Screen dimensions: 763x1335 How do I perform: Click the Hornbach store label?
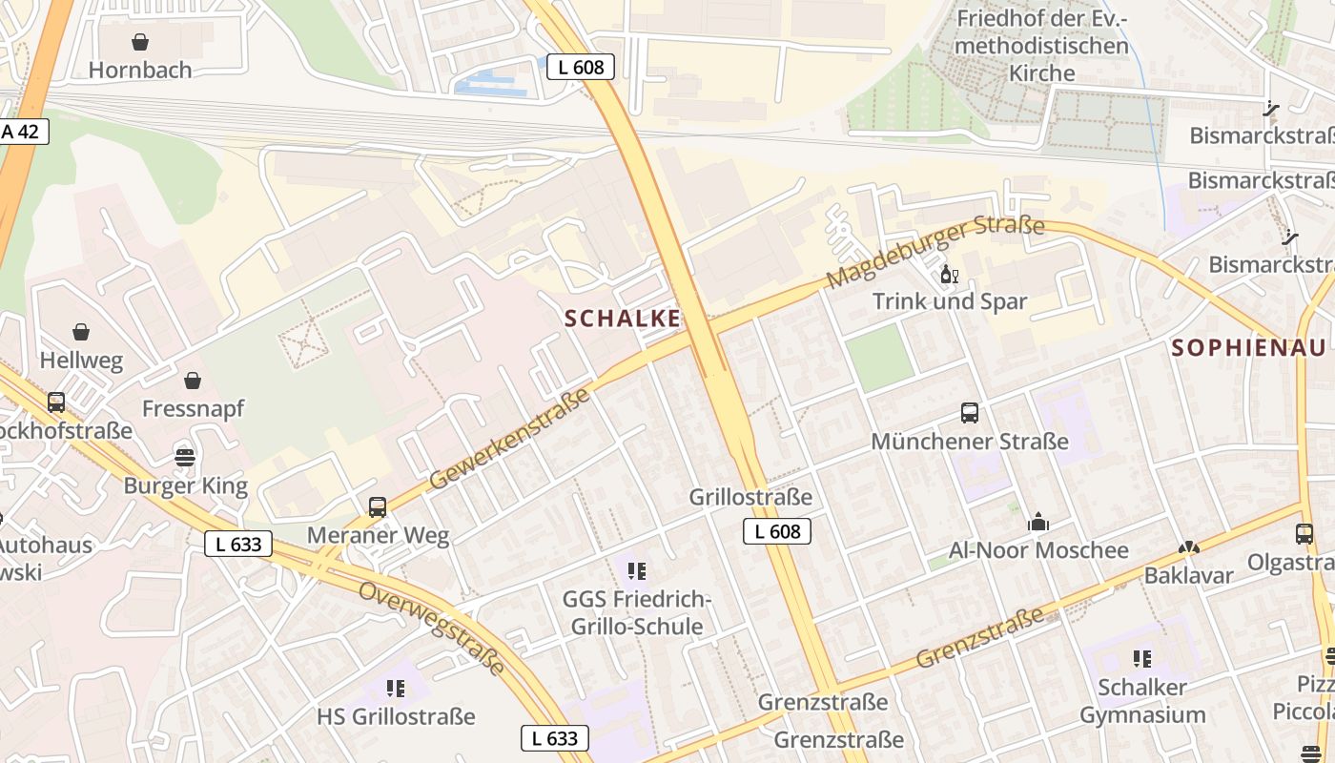click(140, 70)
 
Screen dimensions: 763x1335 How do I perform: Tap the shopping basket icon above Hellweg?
click(81, 332)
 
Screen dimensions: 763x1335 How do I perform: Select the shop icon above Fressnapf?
click(193, 381)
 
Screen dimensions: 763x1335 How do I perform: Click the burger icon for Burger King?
click(185, 457)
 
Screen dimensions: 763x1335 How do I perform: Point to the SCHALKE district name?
click(623, 319)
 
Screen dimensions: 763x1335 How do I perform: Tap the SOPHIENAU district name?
click(1248, 347)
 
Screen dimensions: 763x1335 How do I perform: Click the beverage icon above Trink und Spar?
click(949, 275)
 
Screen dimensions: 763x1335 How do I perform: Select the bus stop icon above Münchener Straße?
click(970, 413)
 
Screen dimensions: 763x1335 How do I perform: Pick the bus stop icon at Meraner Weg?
click(378, 507)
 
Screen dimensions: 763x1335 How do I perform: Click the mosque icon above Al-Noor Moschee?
click(1038, 522)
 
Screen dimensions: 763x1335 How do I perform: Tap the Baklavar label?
click(1188, 575)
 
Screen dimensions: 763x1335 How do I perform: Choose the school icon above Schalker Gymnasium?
click(1141, 658)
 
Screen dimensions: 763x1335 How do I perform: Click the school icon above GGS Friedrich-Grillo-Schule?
click(636, 571)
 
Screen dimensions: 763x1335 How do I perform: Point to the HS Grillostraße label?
click(396, 716)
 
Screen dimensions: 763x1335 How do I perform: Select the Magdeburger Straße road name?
click(935, 253)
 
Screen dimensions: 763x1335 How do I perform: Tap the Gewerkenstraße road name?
click(509, 439)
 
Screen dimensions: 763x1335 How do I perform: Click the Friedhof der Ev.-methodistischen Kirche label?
click(1042, 45)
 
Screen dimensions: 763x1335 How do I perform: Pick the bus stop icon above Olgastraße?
click(1304, 534)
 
